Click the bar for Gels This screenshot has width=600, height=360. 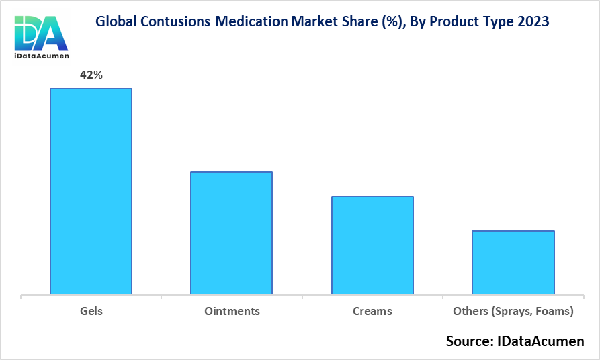[91, 191]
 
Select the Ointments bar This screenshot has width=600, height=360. [232, 233]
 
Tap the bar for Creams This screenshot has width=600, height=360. [372, 245]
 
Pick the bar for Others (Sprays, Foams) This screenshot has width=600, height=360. [513, 263]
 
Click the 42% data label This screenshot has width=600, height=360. [91, 75]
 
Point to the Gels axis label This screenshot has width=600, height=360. [91, 312]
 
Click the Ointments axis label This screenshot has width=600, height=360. [232, 312]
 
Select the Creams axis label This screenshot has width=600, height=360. [372, 312]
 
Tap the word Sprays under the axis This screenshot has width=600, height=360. [511, 312]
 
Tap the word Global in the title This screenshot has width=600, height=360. [116, 21]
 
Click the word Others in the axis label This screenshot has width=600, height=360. [470, 312]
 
